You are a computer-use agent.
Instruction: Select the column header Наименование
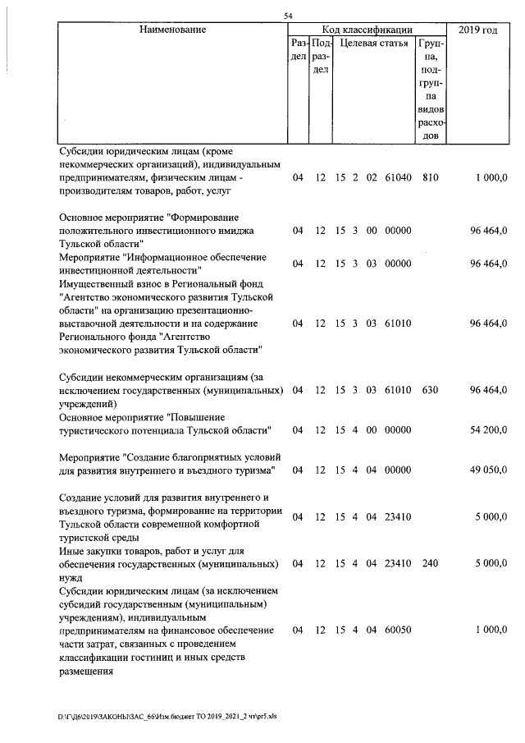(x=172, y=30)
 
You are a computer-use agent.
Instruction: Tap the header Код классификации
(x=367, y=30)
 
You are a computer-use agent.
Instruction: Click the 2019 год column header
(x=478, y=30)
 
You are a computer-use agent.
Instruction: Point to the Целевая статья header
(x=374, y=43)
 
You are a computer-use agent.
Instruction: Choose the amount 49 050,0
(x=488, y=470)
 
